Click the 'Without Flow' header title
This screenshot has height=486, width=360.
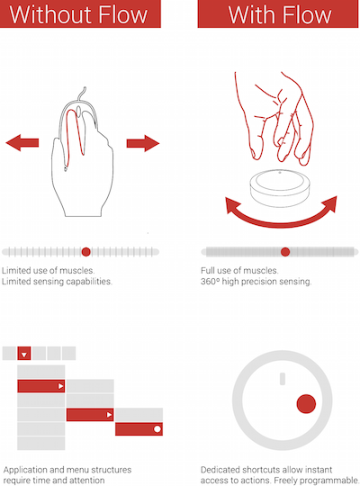pos(78,14)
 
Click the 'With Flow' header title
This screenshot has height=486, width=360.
pos(280,14)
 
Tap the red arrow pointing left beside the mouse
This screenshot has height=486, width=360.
pos(22,142)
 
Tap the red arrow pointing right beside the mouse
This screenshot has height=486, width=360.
pos(143,143)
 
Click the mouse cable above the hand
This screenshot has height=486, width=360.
pos(81,94)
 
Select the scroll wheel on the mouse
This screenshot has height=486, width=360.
pos(79,112)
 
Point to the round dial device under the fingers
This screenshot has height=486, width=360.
pos(280,188)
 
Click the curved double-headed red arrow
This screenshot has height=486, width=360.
pos(281,222)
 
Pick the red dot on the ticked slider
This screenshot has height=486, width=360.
pos(85,252)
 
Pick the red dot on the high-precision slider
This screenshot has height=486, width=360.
pos(285,252)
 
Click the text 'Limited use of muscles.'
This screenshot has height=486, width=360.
pos(48,271)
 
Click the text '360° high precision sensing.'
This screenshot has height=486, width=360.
pos(256,282)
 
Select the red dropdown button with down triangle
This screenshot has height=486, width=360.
pos(24,354)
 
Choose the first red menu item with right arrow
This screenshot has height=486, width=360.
pos(40,386)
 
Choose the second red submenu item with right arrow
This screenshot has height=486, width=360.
pos(90,414)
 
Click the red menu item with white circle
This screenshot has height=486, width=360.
pos(139,429)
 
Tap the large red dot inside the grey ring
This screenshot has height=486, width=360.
pos(306,404)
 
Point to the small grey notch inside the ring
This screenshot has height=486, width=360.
pos(283,378)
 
